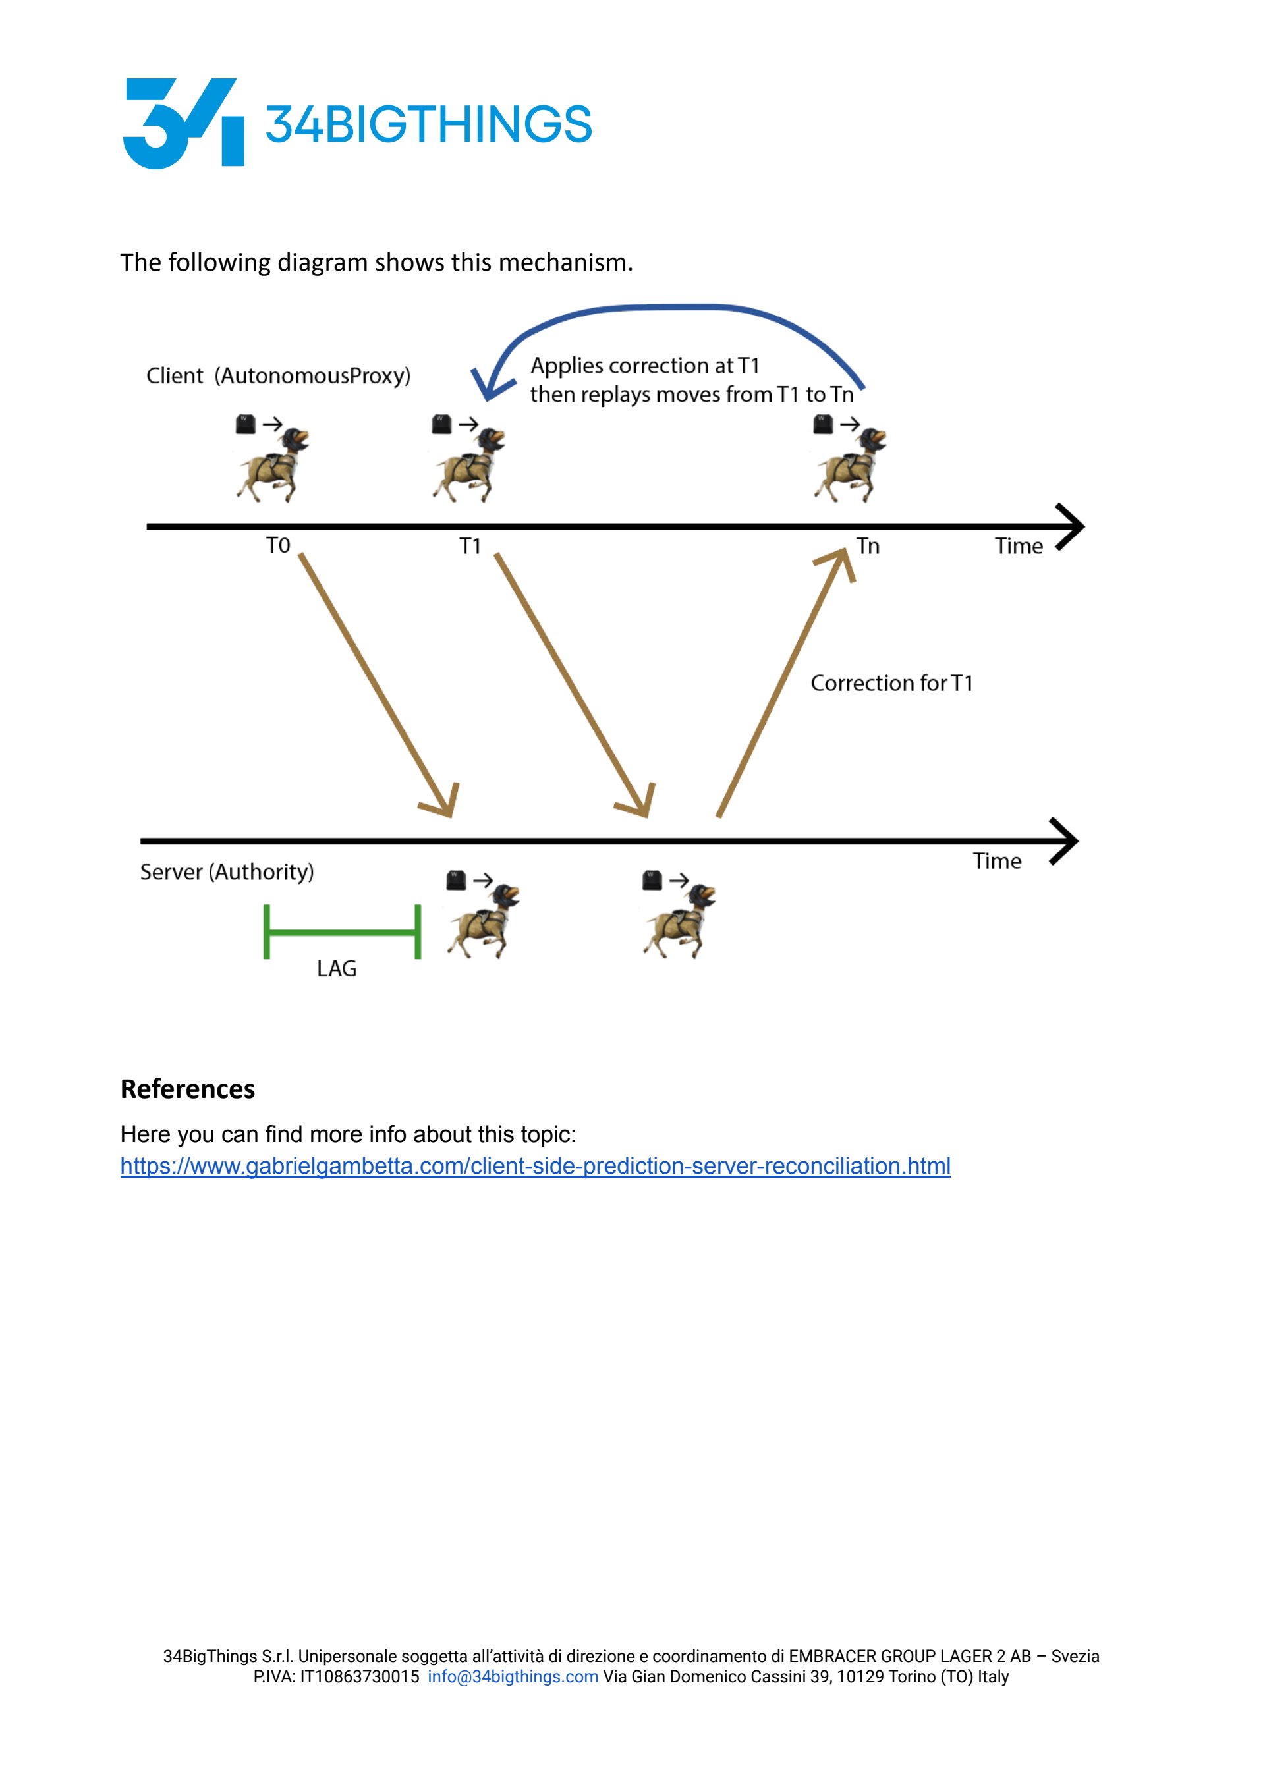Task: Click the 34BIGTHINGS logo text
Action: (x=428, y=124)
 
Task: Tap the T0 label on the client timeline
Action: (x=277, y=545)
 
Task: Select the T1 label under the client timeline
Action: (x=470, y=546)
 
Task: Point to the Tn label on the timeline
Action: (x=868, y=546)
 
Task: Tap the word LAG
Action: (x=337, y=969)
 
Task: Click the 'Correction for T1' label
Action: (x=892, y=683)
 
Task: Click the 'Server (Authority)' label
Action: (x=227, y=871)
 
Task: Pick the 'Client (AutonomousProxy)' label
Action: (x=278, y=375)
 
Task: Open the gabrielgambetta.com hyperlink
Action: (x=535, y=1166)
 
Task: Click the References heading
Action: (x=188, y=1089)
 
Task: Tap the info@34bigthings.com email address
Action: (x=513, y=1676)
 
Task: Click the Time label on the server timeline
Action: (x=996, y=860)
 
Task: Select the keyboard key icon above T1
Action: (x=441, y=424)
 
